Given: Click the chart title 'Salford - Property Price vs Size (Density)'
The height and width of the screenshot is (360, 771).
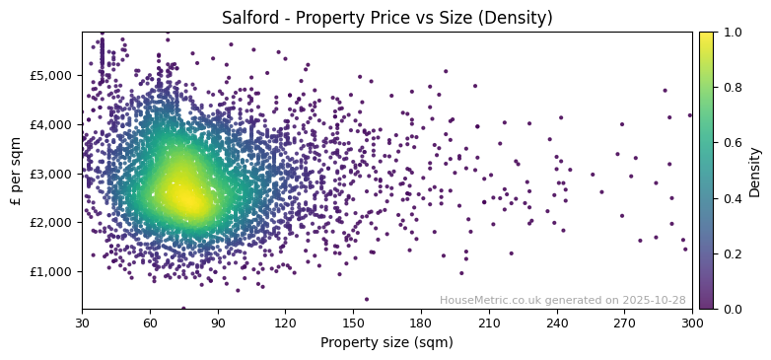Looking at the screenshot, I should coord(386,18).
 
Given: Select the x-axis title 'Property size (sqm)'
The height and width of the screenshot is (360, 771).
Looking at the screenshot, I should coord(386,342).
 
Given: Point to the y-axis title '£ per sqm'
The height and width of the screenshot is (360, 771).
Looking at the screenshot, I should coord(16,171).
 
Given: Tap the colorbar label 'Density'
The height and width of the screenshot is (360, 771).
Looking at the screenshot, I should coord(754,171).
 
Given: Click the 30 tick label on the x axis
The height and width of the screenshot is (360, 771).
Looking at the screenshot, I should coord(82,323).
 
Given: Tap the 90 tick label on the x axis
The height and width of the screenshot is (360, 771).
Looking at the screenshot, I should coord(218,323).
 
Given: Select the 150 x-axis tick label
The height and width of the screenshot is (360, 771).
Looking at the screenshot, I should coord(353,323).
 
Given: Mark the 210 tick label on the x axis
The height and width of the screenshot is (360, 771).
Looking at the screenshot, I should coord(489,323).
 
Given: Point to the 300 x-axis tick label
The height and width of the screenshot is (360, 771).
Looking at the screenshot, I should coord(692,323).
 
